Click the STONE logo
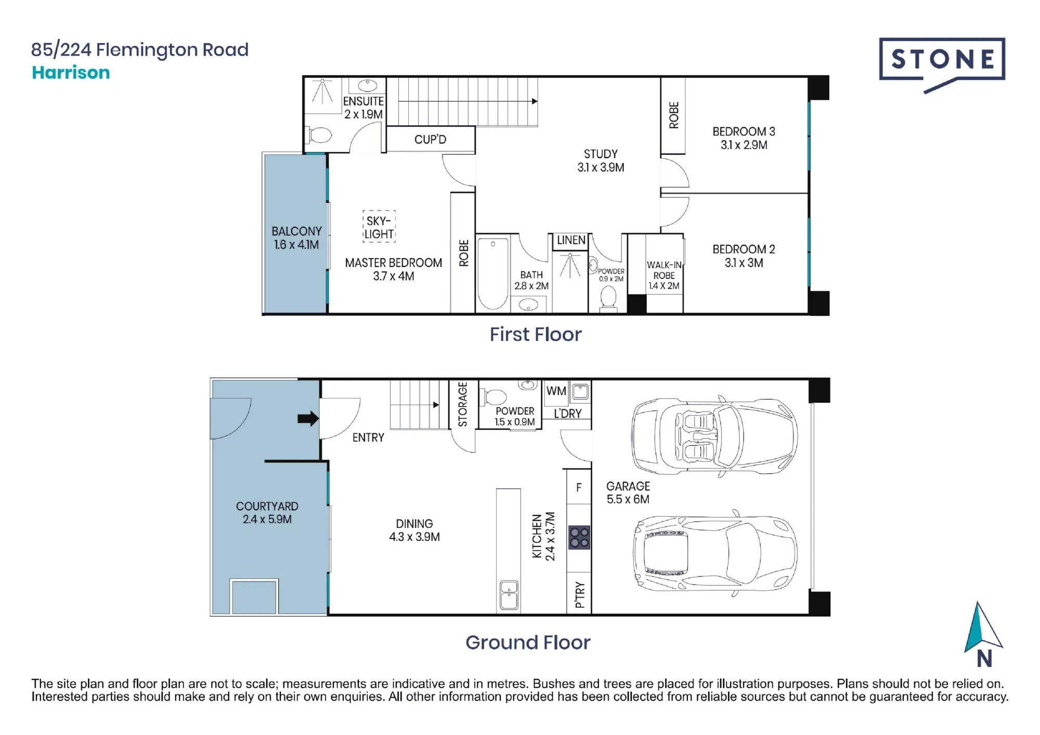(x=942, y=64)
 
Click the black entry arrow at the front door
(x=308, y=418)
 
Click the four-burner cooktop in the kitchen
(x=579, y=538)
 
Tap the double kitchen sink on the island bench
(x=509, y=595)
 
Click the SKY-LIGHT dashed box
(x=379, y=227)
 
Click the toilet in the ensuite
(x=320, y=136)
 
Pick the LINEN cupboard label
(x=571, y=240)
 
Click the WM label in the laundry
(x=556, y=391)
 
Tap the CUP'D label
(x=430, y=139)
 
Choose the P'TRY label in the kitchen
(x=580, y=595)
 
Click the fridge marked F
(x=579, y=487)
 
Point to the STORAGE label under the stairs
(x=462, y=405)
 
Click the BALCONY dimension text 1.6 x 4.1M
(x=296, y=244)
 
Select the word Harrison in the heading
(x=71, y=72)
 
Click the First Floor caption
(x=536, y=334)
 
